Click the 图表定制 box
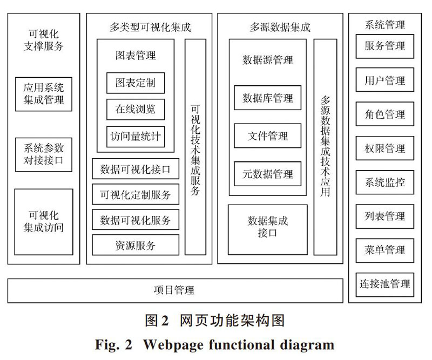(136, 83)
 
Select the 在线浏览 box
(136, 110)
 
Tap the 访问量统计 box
(136, 137)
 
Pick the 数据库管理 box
(267, 98)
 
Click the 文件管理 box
(267, 136)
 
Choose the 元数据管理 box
(267, 174)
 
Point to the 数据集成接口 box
(267, 230)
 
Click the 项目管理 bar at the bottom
(175, 290)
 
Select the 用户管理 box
(384, 80)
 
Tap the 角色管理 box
(384, 114)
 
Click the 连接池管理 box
(384, 285)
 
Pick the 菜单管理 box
(384, 250)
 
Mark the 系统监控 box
(384, 182)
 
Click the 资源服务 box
(136, 245)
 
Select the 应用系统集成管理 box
(44, 94)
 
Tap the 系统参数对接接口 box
(44, 155)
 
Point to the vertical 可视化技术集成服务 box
(195, 147)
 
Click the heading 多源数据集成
(280, 28)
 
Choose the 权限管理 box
(384, 148)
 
